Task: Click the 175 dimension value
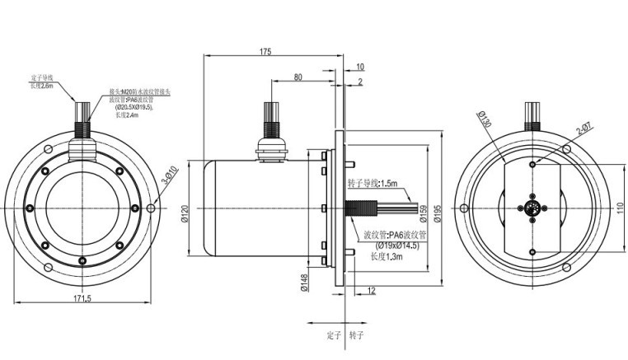click(x=265, y=52)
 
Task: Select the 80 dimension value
click(x=297, y=77)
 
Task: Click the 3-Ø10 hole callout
click(x=170, y=179)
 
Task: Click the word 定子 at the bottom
click(x=334, y=336)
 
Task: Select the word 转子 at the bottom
click(x=356, y=336)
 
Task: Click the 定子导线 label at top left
click(x=41, y=77)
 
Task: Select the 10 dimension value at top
click(x=360, y=65)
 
